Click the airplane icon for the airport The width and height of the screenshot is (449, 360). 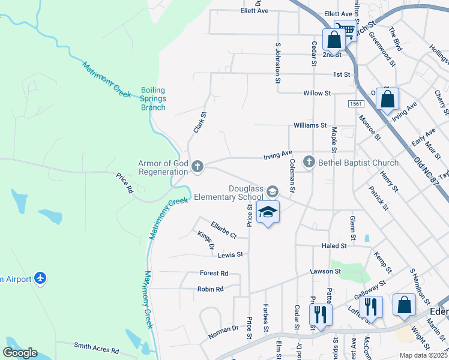40,278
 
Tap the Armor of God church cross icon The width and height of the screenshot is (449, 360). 197,167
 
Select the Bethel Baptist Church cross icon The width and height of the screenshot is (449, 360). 309,162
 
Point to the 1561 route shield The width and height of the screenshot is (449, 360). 355,104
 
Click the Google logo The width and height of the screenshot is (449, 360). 20,353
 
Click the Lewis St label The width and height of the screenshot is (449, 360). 231,255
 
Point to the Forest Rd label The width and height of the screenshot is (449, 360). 214,273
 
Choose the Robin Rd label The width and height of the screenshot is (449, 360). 210,289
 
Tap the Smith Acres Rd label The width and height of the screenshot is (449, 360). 96,348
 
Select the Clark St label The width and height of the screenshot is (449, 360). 199,122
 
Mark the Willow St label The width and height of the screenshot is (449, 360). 317,94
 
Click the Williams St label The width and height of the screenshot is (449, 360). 310,126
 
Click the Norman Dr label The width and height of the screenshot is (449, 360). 223,330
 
